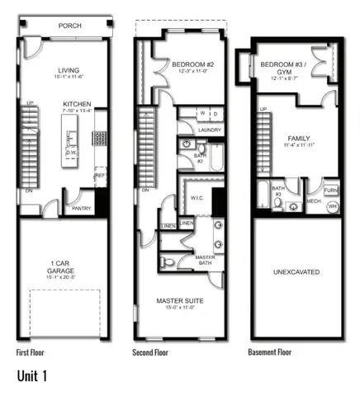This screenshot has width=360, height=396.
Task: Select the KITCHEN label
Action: tap(77, 104)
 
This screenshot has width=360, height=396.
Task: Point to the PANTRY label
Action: tap(81, 209)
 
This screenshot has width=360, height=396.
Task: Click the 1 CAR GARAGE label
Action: tap(59, 268)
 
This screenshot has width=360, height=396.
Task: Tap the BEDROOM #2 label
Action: tap(192, 64)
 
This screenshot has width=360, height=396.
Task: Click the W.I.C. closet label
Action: tap(197, 197)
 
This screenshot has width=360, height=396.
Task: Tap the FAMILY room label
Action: tap(298, 139)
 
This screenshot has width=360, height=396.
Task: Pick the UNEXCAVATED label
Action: tap(296, 271)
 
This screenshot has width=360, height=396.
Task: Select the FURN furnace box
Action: tap(331, 191)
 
